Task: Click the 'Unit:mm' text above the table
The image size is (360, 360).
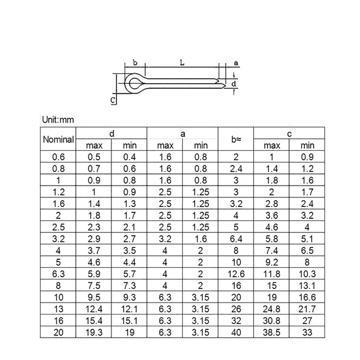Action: pyautogui.click(x=58, y=120)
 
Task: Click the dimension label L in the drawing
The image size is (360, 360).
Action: pyautogui.click(x=182, y=63)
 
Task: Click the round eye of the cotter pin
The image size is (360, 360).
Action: pyautogui.click(x=133, y=84)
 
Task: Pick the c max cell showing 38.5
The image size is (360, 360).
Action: pyautogui.click(x=272, y=332)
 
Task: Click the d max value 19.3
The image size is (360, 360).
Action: pyautogui.click(x=94, y=332)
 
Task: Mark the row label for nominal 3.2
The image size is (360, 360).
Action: pyautogui.click(x=58, y=238)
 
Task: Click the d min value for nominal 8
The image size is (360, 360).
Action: pyautogui.click(x=129, y=285)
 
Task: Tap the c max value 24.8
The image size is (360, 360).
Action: pyautogui.click(x=272, y=308)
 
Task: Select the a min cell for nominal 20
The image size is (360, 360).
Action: pyautogui.click(x=200, y=332)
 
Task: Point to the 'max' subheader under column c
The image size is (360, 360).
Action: pyautogui.click(x=272, y=146)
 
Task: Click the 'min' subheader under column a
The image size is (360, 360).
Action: pyautogui.click(x=200, y=146)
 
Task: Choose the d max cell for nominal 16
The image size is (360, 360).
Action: pyautogui.click(x=94, y=320)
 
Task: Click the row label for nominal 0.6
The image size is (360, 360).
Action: pyautogui.click(x=58, y=157)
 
